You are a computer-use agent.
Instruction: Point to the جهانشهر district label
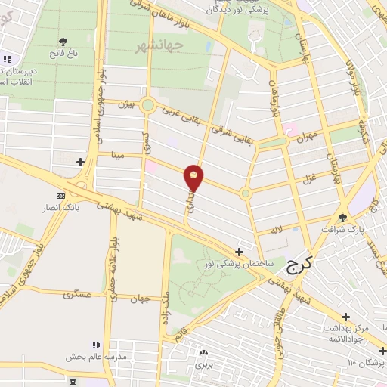click(x=157, y=48)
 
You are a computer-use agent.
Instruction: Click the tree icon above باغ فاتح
click(x=63, y=42)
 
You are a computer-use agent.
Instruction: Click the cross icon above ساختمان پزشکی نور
click(x=239, y=252)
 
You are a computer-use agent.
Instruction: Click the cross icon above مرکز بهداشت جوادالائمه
click(x=346, y=316)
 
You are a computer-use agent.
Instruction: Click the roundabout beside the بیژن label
click(x=148, y=105)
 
